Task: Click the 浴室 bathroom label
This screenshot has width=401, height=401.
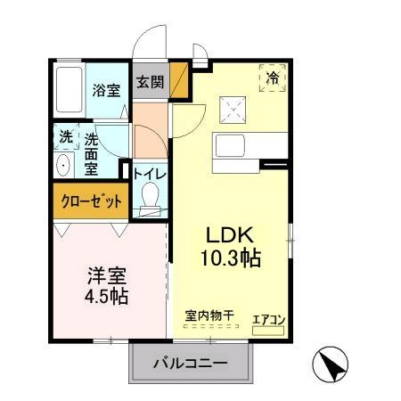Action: pyautogui.click(x=106, y=89)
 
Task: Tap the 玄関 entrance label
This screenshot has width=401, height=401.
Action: pyautogui.click(x=150, y=82)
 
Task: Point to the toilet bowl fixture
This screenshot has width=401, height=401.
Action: pyautogui.click(x=150, y=197)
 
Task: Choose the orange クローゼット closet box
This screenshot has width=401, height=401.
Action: pyautogui.click(x=91, y=200)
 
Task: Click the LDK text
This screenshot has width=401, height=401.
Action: pyautogui.click(x=231, y=236)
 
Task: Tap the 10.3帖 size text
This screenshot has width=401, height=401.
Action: pyautogui.click(x=231, y=260)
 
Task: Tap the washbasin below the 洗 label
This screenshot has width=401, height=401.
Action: pyautogui.click(x=64, y=166)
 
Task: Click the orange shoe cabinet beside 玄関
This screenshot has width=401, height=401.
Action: pyautogui.click(x=179, y=80)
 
